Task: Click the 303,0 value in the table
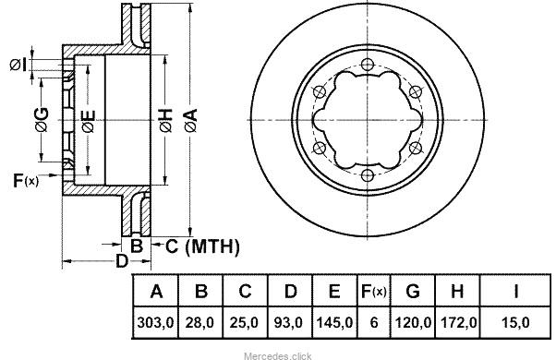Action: tap(155, 322)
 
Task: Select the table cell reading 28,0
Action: tap(199, 322)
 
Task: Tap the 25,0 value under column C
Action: tap(244, 322)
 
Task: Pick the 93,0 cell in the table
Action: tap(288, 322)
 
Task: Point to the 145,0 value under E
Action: tap(334, 322)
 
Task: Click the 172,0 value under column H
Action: tap(458, 322)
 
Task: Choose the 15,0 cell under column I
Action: tap(515, 322)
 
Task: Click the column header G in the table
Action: tap(413, 291)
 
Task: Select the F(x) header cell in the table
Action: tap(373, 292)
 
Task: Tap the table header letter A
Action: tap(156, 291)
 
